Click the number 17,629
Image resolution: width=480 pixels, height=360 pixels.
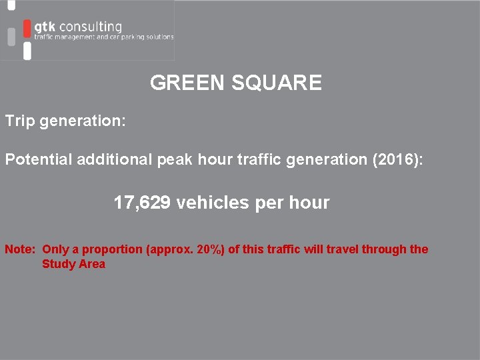142,203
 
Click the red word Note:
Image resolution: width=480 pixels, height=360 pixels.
20,249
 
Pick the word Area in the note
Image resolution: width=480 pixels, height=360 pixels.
92,264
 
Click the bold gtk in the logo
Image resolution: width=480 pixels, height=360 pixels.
45,27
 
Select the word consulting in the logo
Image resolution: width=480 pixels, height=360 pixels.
91,27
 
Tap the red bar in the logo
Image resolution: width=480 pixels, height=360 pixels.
27,28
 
